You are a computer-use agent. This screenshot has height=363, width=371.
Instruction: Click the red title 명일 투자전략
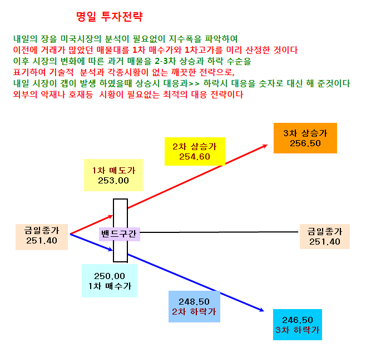point(110,17)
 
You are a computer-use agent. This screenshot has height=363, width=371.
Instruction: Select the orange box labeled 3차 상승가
point(305,138)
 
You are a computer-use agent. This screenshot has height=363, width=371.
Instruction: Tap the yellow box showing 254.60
point(195,151)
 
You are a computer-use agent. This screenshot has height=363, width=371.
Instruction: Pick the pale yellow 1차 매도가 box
point(113,175)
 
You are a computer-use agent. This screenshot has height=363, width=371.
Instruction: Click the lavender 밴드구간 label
point(120,234)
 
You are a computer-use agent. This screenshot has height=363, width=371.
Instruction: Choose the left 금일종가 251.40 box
point(42,237)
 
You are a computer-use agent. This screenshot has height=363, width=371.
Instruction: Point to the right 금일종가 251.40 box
point(325,236)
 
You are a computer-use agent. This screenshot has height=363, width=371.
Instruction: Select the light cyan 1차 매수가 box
point(110,281)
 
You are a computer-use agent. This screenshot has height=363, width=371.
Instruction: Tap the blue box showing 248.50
point(194,306)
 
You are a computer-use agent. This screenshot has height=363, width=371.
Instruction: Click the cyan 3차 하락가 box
point(298,325)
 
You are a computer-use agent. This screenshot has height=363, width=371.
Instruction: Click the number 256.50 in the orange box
point(305,143)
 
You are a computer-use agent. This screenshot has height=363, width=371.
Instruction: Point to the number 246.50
point(298,320)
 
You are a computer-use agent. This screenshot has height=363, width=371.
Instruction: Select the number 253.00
point(113,181)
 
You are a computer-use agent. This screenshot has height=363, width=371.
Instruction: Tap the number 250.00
point(110,276)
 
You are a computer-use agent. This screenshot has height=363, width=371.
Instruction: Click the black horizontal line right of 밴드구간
point(219,232)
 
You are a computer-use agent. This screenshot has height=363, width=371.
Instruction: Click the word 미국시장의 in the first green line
point(81,39)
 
